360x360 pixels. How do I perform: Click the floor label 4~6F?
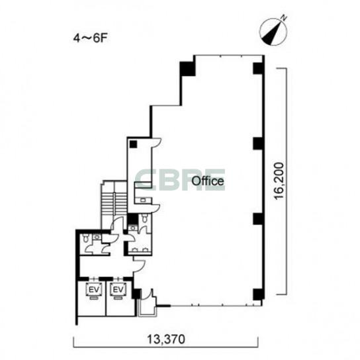(90, 38)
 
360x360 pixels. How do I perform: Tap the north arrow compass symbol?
(273, 32)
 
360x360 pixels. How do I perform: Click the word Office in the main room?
(208, 181)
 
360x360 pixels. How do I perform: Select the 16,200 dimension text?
(279, 181)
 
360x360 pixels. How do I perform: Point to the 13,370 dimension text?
(166, 339)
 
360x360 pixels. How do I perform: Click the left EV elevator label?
(93, 290)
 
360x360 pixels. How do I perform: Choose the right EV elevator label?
(118, 290)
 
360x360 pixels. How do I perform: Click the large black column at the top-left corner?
(187, 69)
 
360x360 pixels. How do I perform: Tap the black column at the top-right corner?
(258, 68)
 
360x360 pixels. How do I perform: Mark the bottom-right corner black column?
(258, 294)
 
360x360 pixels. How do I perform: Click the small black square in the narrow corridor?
(133, 144)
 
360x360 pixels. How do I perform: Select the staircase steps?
(114, 204)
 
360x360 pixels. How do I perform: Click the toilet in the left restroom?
(86, 238)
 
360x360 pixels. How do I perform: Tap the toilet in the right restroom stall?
(144, 218)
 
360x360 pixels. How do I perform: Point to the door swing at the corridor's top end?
(156, 142)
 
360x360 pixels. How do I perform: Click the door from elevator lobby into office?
(140, 266)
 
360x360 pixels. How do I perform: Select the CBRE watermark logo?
(180, 180)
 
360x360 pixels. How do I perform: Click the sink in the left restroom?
(97, 237)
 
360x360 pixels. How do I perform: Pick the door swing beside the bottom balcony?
(147, 294)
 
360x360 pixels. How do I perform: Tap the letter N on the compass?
(285, 17)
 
